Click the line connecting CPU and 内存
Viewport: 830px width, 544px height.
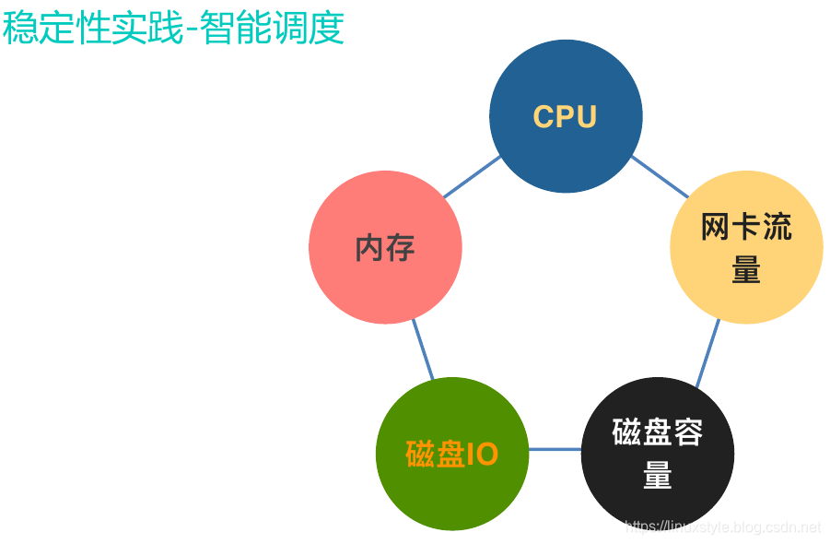472,177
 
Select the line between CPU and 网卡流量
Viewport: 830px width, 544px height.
660,176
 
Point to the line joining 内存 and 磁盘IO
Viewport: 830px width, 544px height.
422,350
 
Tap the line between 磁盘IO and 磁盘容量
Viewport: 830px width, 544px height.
555,450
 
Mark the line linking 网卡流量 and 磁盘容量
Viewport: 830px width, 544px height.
707,353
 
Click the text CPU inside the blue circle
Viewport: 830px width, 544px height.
565,117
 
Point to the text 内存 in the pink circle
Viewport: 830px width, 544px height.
385,248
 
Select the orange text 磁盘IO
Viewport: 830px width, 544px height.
452,455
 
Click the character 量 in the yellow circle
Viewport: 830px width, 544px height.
746,270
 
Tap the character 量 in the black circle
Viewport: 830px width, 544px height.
658,476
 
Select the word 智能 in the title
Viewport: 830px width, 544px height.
241,29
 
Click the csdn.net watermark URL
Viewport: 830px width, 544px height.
722,527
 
